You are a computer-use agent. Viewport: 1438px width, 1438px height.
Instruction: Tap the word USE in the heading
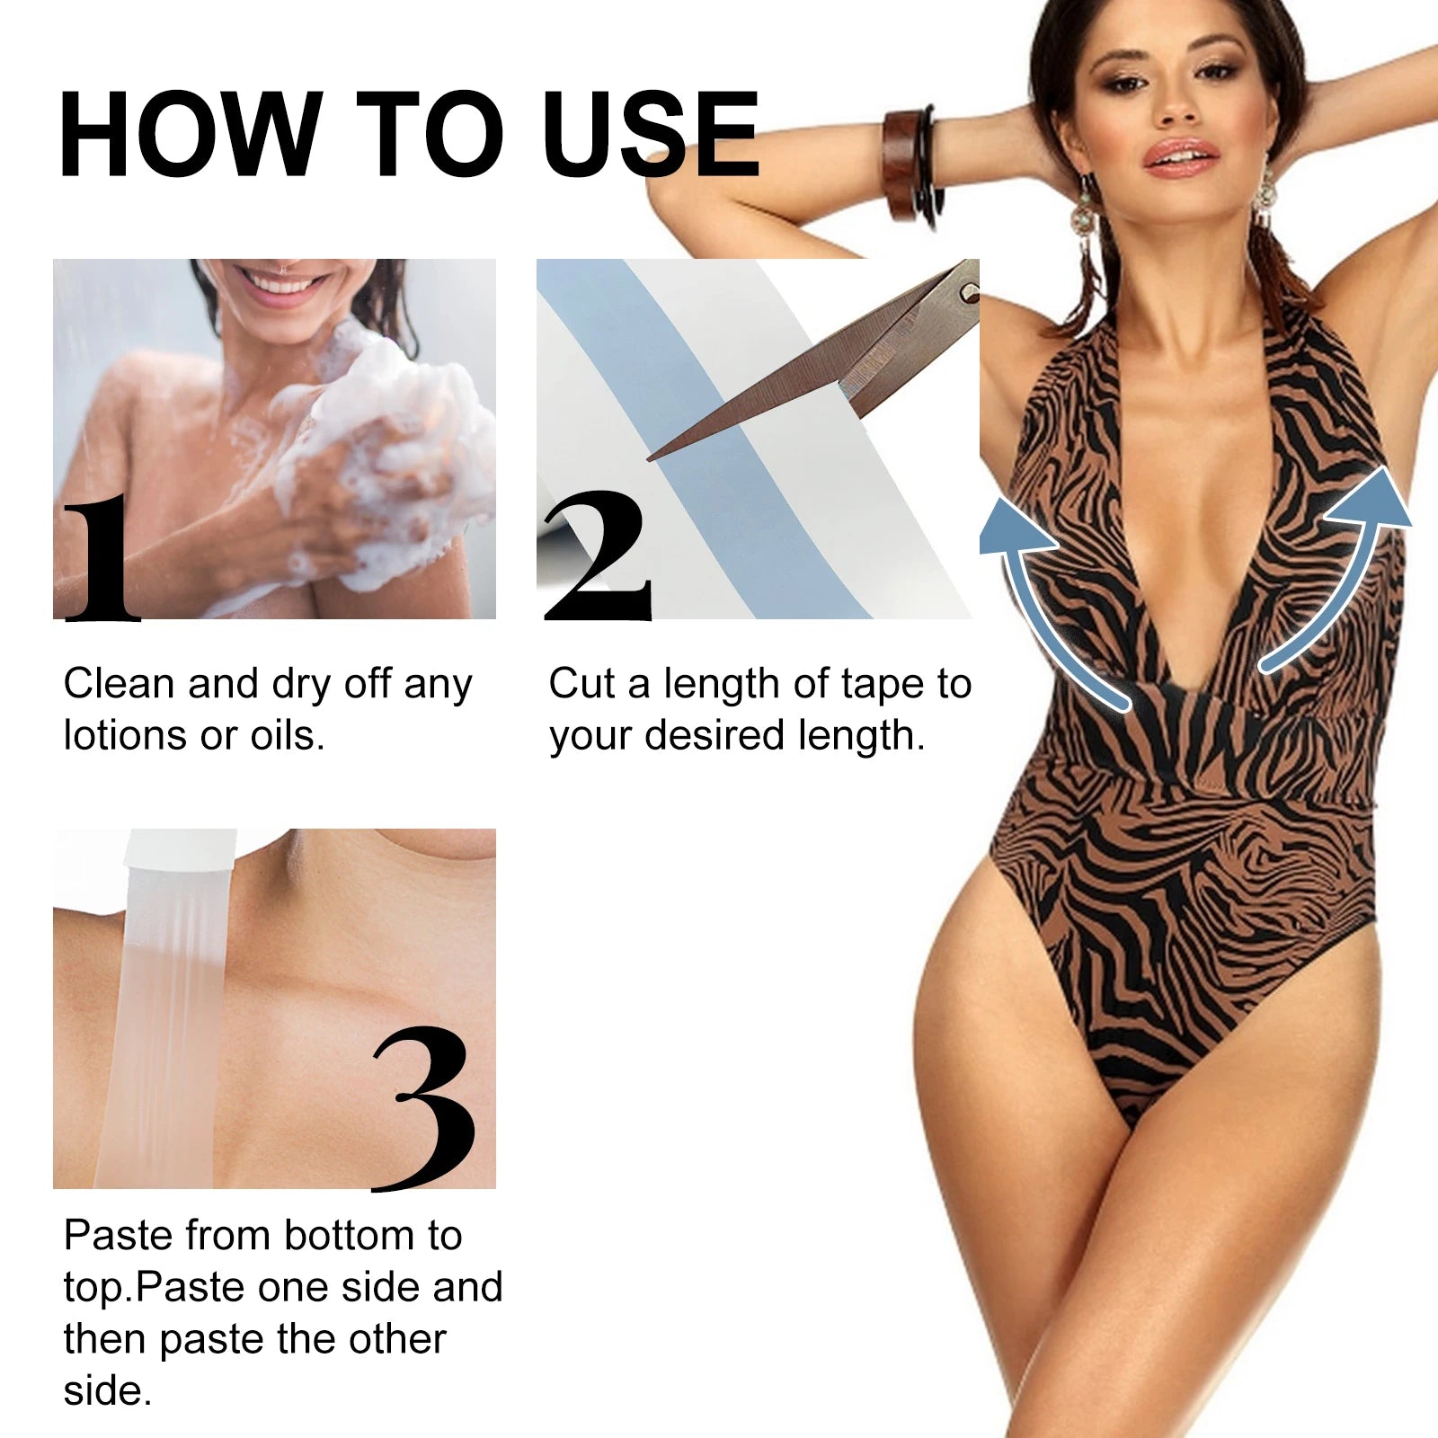[651, 135]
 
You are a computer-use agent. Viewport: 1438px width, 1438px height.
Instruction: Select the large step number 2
[598, 557]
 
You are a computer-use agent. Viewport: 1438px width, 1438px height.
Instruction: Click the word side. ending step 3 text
[107, 1390]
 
